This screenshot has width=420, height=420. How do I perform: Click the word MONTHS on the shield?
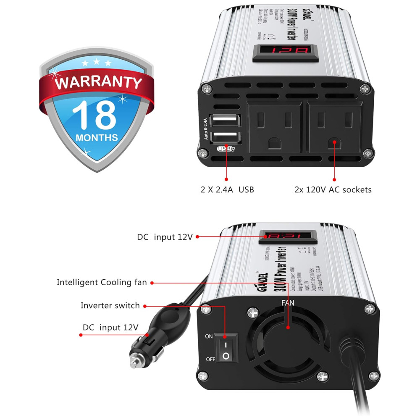(97, 137)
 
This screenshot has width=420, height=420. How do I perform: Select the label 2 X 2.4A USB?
(227, 190)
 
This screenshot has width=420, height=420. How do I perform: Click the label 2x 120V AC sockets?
(333, 190)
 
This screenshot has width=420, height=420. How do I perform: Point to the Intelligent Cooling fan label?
(102, 282)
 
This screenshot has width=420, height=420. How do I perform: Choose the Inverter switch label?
(110, 306)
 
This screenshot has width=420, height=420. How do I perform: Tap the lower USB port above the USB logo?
(226, 137)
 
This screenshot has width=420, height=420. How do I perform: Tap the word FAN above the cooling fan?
(288, 302)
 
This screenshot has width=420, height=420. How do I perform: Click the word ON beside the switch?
(209, 336)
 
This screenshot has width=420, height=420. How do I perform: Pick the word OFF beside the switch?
(210, 360)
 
